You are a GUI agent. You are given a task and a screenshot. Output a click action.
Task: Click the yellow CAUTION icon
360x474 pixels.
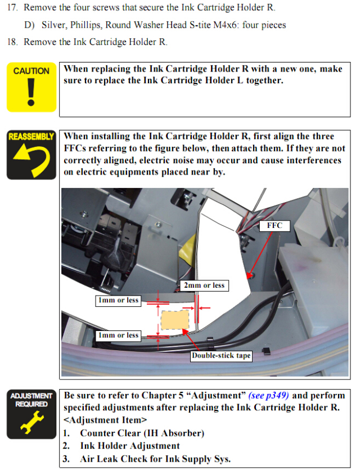click(31, 87)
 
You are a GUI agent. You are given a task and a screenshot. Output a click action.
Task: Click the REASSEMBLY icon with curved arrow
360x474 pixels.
click(31, 155)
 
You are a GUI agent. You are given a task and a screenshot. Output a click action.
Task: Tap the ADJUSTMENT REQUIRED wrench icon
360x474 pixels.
click(31, 414)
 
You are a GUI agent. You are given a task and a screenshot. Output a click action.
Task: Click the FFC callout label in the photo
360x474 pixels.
click(274, 226)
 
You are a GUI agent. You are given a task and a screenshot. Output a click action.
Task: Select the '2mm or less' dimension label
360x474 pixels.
click(204, 285)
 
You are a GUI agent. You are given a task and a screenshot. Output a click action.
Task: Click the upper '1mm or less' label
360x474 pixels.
click(118, 301)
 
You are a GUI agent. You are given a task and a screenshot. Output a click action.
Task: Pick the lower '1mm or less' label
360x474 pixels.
click(118, 336)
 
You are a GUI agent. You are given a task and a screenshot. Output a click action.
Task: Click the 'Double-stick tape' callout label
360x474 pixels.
click(221, 356)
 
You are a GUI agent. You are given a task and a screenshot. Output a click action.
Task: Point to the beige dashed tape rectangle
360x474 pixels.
click(175, 320)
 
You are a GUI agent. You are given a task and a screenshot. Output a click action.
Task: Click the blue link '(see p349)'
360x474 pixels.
click(268, 395)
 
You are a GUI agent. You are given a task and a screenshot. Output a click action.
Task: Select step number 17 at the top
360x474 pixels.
click(12, 7)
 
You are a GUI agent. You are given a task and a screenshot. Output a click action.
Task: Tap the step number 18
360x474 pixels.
click(12, 42)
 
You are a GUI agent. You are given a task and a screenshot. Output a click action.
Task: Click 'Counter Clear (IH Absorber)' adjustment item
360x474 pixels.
click(142, 433)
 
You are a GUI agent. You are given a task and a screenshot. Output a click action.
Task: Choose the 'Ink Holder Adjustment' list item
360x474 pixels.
click(130, 446)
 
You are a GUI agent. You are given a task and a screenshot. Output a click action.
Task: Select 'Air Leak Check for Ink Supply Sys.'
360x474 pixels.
click(155, 459)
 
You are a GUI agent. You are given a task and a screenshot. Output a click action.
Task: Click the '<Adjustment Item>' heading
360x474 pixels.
click(105, 420)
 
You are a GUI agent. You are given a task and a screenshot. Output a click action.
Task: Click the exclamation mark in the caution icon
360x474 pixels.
click(31, 92)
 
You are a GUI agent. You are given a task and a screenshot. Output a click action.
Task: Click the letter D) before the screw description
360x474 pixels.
click(29, 25)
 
